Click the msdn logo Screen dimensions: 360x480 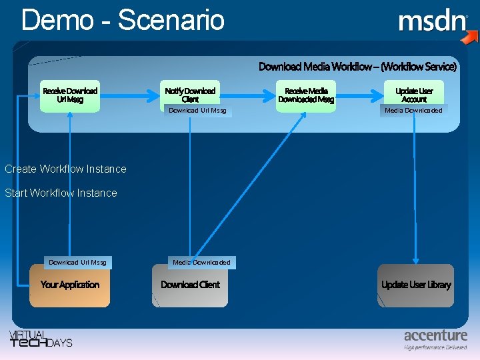(x=433, y=22)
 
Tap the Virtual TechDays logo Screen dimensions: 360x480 (x=40, y=339)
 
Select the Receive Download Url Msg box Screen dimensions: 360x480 (x=70, y=95)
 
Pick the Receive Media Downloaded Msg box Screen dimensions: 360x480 (x=306, y=95)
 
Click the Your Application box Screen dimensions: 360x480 (x=70, y=285)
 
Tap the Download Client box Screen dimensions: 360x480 (x=190, y=285)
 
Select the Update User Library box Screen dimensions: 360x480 (x=416, y=285)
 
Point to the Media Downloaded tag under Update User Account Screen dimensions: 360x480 (x=413, y=111)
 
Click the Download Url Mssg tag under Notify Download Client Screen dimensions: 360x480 (x=197, y=111)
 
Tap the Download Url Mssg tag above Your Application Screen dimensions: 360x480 (x=77, y=263)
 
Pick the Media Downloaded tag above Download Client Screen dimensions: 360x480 (x=201, y=263)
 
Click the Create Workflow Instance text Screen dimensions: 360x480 (x=65, y=169)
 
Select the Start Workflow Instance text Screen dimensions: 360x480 (x=61, y=193)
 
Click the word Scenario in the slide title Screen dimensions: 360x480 (x=171, y=20)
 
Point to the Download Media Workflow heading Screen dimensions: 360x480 (x=357, y=67)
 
